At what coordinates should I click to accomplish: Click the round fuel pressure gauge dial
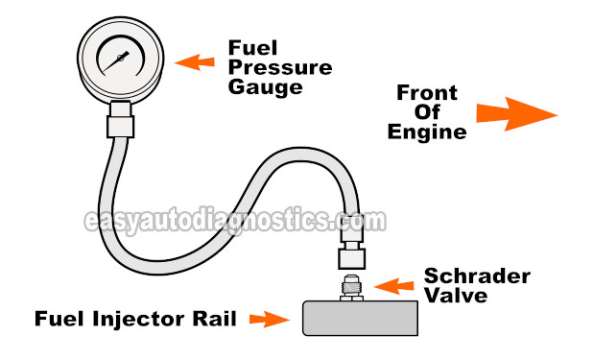(120, 60)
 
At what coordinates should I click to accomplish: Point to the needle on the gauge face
(120, 59)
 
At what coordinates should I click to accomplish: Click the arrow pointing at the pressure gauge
(195, 62)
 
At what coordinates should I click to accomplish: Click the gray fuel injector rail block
(360, 318)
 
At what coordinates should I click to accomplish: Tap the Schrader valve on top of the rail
(351, 287)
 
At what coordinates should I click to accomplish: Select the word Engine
(427, 132)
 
